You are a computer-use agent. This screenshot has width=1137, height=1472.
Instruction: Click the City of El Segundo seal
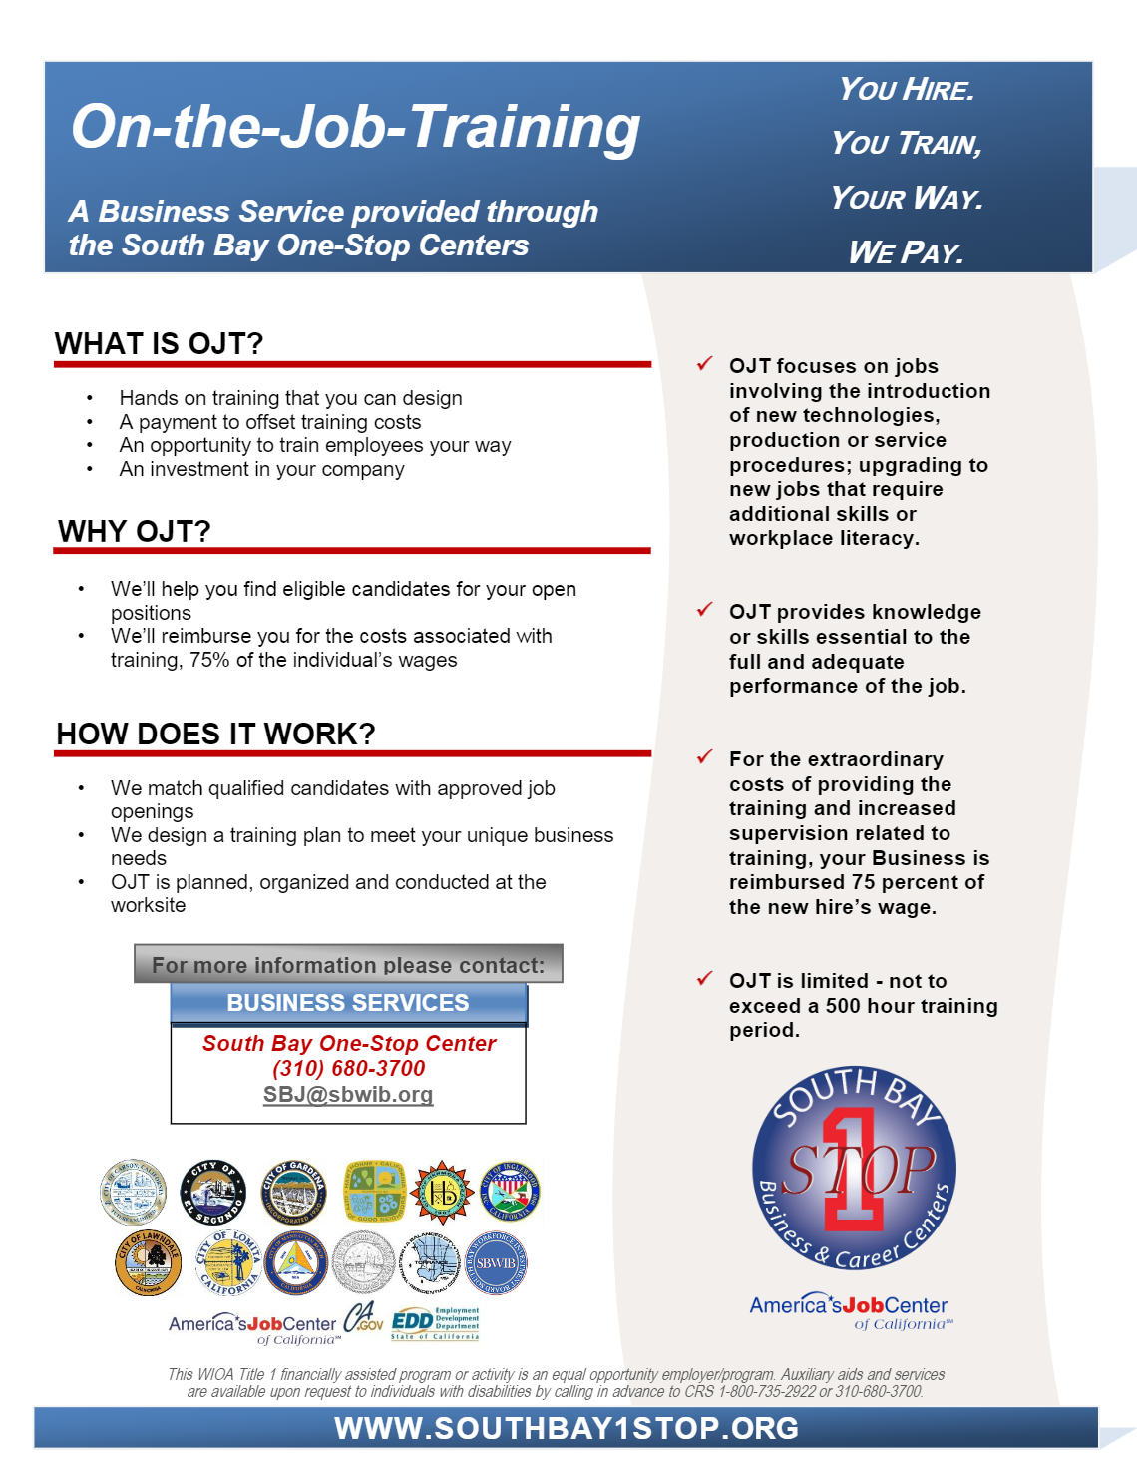(213, 1193)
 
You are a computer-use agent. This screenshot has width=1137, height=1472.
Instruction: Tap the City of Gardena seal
(293, 1193)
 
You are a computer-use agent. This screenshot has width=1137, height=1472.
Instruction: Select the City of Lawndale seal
(148, 1262)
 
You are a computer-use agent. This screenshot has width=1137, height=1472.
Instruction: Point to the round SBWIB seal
(496, 1262)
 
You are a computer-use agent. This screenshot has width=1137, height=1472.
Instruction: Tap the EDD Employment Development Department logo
(436, 1323)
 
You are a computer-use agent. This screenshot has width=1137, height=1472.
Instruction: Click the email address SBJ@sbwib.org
(348, 1095)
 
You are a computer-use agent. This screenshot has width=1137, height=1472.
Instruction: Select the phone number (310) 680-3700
(348, 1068)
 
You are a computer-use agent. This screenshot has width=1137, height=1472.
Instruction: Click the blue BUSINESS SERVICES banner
(348, 1003)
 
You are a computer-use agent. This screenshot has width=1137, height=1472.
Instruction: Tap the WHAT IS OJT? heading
(159, 344)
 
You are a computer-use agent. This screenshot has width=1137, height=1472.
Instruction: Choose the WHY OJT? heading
(135, 531)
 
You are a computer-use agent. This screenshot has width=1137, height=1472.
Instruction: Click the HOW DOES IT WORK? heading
(215, 735)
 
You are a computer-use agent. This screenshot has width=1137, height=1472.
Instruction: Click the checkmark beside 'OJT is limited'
(705, 979)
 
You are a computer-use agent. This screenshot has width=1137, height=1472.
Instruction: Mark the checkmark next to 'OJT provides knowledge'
(705, 610)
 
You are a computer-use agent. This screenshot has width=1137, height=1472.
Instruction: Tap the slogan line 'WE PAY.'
(906, 252)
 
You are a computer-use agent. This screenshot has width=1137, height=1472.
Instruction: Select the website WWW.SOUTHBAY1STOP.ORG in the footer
(567, 1428)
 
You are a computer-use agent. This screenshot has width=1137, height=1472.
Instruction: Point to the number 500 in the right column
(843, 1006)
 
